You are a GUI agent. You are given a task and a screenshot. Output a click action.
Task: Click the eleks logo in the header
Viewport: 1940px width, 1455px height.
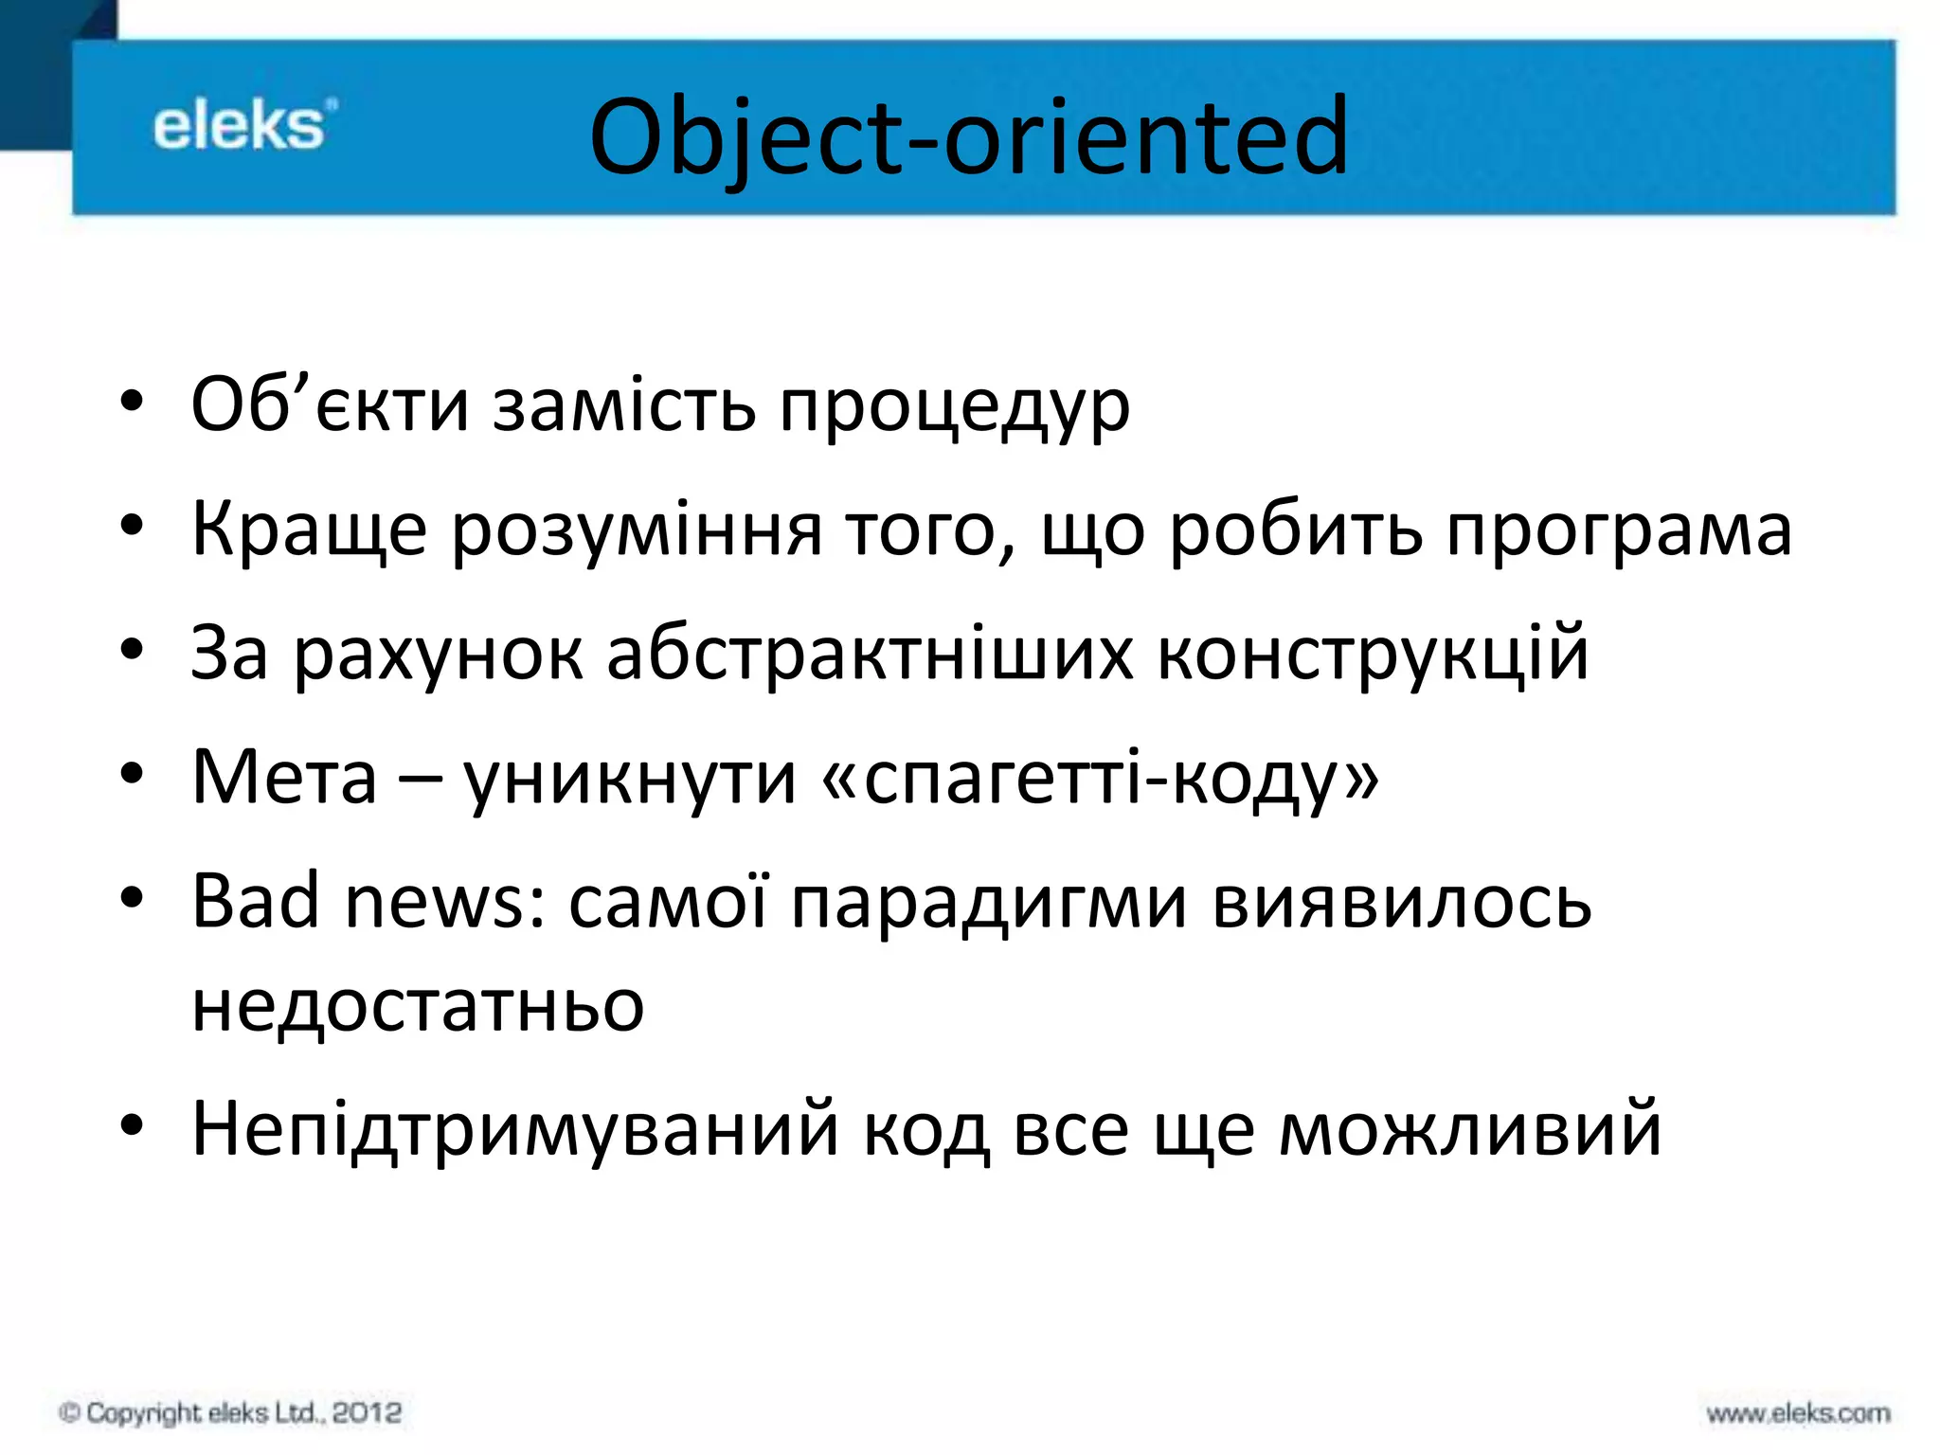(244, 126)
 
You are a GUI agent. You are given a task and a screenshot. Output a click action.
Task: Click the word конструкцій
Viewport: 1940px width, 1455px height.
(1373, 654)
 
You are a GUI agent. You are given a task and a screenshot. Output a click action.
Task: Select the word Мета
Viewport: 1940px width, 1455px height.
(284, 777)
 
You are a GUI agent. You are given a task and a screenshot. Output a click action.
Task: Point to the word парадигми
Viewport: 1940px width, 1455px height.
(989, 903)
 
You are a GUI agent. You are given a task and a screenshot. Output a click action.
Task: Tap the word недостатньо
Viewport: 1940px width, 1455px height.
(418, 1006)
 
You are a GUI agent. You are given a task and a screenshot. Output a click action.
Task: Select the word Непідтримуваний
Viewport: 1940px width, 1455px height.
(515, 1130)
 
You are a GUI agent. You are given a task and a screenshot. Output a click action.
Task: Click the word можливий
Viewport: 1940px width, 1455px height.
(1470, 1130)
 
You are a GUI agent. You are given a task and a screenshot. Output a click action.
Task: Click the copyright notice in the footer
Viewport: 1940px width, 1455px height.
(230, 1413)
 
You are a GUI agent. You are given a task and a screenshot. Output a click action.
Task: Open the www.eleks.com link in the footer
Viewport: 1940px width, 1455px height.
(1798, 1414)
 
